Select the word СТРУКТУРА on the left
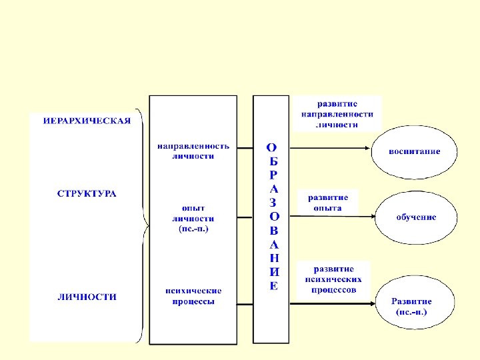(87, 194)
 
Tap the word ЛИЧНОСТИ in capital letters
(87, 297)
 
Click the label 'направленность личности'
(193, 151)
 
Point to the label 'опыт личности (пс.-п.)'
(193, 218)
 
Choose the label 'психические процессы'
(193, 296)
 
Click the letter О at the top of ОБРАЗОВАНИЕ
(272, 147)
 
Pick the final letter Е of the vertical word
(272, 286)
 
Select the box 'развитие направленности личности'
(337, 114)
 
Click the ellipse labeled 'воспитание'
(415, 152)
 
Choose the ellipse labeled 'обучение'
(417, 217)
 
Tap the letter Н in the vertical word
(272, 258)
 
